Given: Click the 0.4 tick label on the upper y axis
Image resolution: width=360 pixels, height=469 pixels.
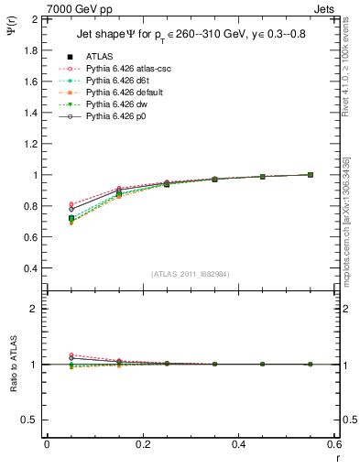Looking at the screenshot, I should [x=31, y=268].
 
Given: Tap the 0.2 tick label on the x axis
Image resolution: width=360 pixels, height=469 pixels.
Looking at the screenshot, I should [x=142, y=444].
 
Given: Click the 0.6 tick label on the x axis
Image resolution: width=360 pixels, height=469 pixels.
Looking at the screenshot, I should [x=333, y=444].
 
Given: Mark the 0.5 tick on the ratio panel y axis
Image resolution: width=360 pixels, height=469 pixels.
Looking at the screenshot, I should [x=31, y=420].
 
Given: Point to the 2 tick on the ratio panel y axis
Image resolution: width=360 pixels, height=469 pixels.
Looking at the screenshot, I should [x=35, y=309].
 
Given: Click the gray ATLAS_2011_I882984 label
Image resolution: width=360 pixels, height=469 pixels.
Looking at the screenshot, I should [x=191, y=274].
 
